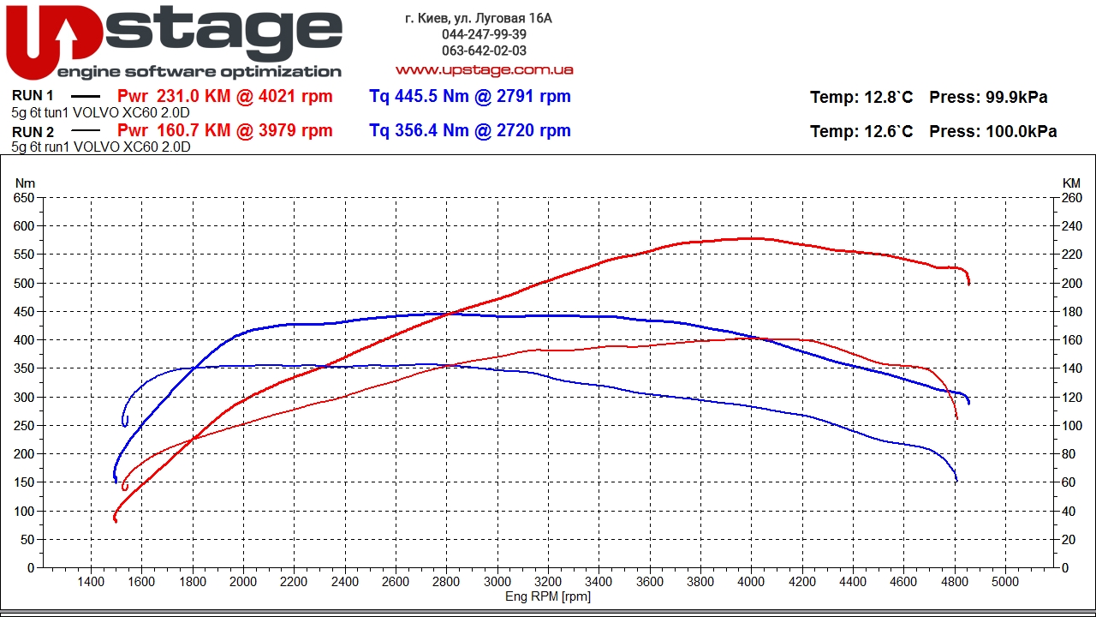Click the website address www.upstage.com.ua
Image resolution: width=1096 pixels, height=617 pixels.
coord(484,69)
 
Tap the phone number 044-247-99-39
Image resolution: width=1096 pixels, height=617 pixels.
coord(484,34)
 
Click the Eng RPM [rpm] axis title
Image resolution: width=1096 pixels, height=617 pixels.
coord(547,596)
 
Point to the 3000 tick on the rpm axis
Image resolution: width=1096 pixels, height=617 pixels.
coord(497,582)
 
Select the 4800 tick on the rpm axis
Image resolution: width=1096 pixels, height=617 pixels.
coord(954,582)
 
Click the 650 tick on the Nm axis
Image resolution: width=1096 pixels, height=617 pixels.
coord(24,198)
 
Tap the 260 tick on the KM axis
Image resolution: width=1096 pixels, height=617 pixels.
coord(1071,198)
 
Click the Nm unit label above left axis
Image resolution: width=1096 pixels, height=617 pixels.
coord(26,183)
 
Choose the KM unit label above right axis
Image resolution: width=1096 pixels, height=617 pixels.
coord(1071,183)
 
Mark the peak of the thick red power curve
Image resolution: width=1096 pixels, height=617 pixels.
coord(751,238)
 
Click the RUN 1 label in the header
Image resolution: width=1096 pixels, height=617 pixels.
coord(33,96)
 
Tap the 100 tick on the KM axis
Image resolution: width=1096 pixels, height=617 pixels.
coord(1071,426)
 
